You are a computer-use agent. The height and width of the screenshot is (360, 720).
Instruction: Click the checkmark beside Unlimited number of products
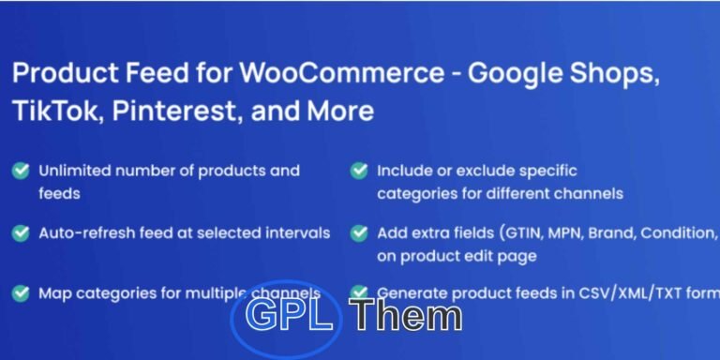point(20,171)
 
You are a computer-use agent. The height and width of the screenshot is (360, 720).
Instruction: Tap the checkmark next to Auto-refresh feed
point(20,232)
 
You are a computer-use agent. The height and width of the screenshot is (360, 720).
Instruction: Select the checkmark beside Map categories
point(20,292)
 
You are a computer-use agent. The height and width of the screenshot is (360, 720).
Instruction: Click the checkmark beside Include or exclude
point(358,171)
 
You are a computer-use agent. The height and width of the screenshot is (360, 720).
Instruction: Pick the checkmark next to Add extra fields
point(358,232)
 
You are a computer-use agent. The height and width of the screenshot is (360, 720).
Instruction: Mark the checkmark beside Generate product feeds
point(358,292)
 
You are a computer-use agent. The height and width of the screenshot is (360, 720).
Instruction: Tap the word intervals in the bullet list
point(298,232)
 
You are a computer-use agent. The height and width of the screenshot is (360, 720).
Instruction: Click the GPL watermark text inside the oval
point(289,316)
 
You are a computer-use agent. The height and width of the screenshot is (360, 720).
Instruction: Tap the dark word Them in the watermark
point(406,316)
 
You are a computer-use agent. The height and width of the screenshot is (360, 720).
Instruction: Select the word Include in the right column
point(404,171)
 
